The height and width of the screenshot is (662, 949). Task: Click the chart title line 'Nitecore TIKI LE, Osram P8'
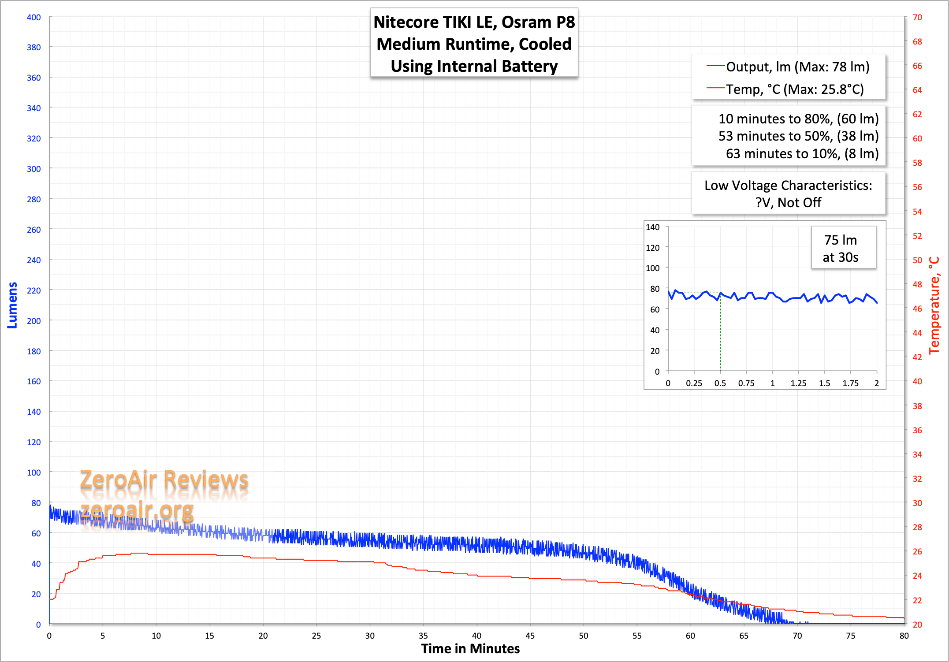point(474,22)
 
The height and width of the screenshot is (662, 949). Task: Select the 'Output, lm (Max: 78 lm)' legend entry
point(797,67)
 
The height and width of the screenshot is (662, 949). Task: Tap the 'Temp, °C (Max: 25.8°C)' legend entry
point(795,89)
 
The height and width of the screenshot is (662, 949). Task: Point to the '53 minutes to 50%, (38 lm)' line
point(798,136)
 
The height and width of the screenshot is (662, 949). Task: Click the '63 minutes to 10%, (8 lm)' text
point(802,154)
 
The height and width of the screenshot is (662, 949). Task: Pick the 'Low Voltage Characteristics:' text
point(788,186)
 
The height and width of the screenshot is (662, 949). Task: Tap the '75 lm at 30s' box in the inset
point(841,249)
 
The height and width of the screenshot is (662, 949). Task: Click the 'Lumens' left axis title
point(12,305)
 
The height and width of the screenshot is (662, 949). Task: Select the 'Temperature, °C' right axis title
point(934,305)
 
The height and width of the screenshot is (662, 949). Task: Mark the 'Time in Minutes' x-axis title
point(470,649)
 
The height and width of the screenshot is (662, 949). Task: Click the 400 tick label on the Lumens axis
point(33,18)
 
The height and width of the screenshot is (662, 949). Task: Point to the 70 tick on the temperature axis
point(917,18)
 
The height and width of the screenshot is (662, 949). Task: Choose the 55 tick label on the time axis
point(637,636)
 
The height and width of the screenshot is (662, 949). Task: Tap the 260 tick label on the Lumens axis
point(33,230)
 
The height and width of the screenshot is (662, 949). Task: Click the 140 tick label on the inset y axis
point(652,227)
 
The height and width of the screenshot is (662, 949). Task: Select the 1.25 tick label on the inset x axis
point(798,383)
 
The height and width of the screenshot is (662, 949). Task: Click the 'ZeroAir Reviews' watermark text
point(164,479)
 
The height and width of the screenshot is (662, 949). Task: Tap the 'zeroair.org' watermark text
point(137,510)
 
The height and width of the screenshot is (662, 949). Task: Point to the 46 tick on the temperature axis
point(917,309)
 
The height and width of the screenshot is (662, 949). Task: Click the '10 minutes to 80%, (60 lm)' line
point(798,119)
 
